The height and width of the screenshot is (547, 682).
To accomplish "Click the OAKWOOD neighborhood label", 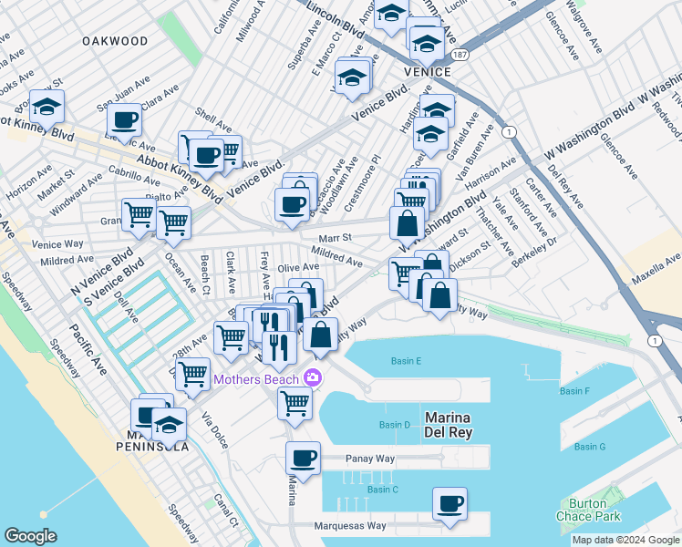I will [114, 41].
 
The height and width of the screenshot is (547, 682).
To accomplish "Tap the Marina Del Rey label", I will [449, 425].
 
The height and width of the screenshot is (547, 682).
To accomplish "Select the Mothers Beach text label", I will [257, 378].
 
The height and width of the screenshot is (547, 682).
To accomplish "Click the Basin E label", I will [406, 361].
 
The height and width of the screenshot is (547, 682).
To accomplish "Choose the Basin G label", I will [590, 447].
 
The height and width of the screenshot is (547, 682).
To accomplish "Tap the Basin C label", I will [383, 490].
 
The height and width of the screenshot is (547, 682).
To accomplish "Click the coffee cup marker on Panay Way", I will [303, 458].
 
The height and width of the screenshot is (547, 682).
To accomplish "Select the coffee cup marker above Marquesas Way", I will [449, 503].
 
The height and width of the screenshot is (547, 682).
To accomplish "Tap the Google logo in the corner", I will [30, 535].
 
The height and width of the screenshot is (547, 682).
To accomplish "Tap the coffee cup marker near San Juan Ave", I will [124, 119].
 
